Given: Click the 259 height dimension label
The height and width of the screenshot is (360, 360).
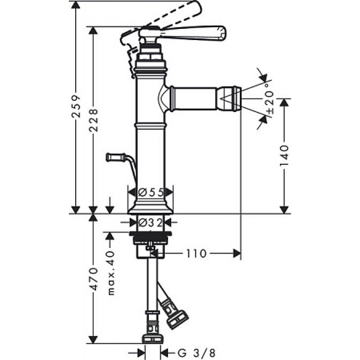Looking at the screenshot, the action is tap(76, 106).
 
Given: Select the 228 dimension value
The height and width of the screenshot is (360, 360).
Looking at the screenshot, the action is tap(94, 120).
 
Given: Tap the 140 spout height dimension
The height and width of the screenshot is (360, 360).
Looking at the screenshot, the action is tap(284, 156).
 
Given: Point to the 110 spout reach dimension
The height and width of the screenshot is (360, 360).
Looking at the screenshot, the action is tap(196, 254).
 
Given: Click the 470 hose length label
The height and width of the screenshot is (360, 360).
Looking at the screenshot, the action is tap(94, 279).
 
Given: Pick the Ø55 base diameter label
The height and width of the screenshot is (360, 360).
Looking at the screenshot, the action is tap(151, 192).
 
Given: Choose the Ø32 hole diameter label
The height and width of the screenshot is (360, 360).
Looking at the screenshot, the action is tap(151, 222).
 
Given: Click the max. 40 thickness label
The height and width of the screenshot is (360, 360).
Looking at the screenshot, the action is tap(111, 273).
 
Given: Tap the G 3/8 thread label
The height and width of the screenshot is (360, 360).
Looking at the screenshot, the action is tap(197, 353).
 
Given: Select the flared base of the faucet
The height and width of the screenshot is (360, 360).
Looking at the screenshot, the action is tap(151, 208).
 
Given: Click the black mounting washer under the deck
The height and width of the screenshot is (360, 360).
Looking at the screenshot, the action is tap(151, 234).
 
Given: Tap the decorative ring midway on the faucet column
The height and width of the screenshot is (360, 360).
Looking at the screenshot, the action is tap(151, 126).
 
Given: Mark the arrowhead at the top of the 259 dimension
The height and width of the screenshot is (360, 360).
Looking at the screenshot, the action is tap(76, 5).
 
